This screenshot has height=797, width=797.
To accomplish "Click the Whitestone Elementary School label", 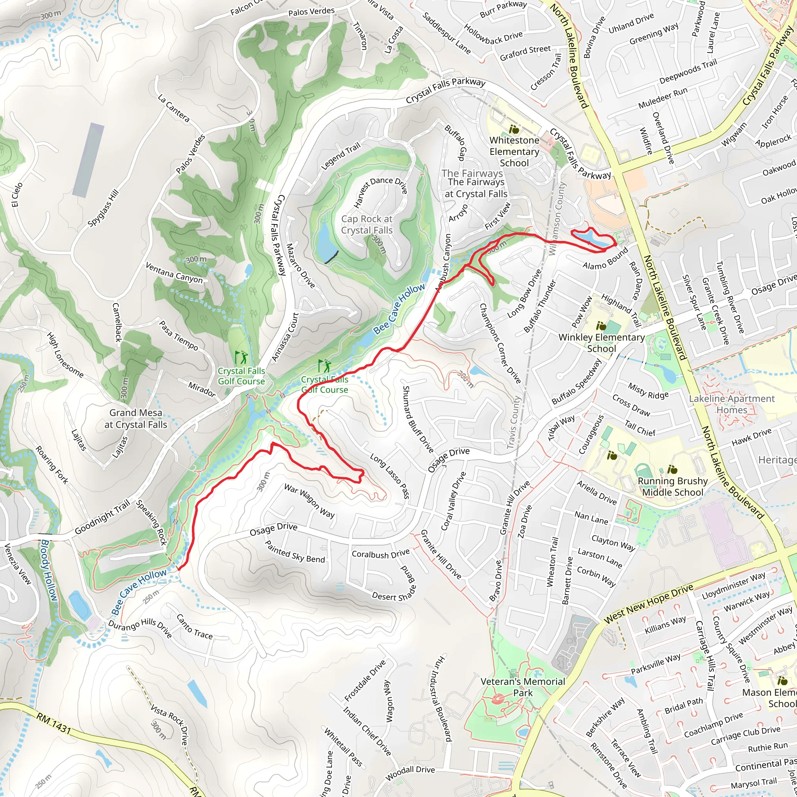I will pyautogui.click(x=514, y=151).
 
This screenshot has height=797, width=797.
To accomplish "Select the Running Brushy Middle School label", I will pyautogui.click(x=672, y=486).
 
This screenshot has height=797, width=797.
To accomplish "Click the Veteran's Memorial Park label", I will pyautogui.click(x=523, y=687).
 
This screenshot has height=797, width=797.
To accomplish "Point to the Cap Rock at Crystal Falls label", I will pyautogui.click(x=367, y=225).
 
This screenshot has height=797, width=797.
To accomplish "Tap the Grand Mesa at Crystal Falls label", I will pyautogui.click(x=136, y=418).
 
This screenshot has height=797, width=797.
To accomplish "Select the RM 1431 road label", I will pyautogui.click(x=54, y=724).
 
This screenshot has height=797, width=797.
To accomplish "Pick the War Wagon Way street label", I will pyautogui.click(x=309, y=501).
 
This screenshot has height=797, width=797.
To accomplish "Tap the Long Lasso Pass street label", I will pyautogui.click(x=390, y=476).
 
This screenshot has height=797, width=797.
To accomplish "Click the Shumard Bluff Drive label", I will pyautogui.click(x=418, y=419).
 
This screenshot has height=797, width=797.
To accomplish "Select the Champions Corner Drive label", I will pyautogui.click(x=500, y=343).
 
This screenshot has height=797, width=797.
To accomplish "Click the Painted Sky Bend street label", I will pyautogui.click(x=295, y=551).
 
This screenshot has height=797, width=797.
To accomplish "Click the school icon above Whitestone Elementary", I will pyautogui.click(x=514, y=130).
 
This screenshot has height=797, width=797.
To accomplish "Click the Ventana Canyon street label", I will pyautogui.click(x=174, y=273).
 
